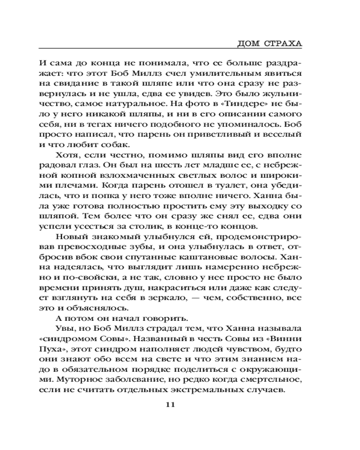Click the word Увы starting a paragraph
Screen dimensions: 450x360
point(63,328)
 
